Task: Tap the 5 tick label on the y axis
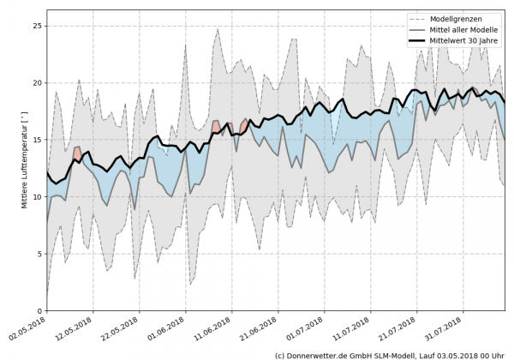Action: coord(39,254)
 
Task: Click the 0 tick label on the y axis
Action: coord(39,311)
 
